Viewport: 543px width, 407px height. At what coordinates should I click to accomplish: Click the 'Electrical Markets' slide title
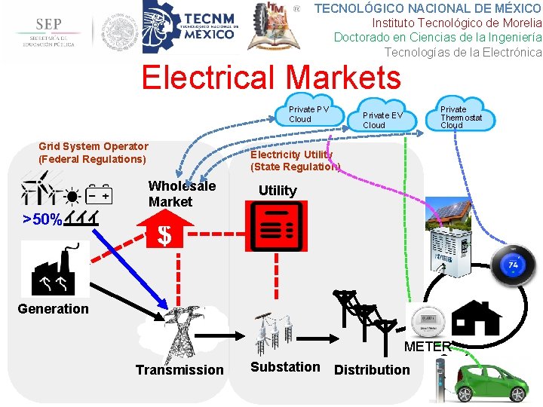pos(271,78)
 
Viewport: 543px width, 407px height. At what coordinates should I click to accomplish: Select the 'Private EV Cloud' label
pos(382,120)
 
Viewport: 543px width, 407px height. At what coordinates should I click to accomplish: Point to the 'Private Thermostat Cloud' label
pos(461,118)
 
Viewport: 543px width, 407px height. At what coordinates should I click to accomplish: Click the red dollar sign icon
pos(164,236)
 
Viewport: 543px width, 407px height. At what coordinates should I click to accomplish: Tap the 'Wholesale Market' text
pos(182,194)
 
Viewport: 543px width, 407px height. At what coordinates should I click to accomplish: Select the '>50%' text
pos(42,219)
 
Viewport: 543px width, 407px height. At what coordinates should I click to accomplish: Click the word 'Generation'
pos(53,308)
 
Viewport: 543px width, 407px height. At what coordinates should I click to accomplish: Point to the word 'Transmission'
pos(179,369)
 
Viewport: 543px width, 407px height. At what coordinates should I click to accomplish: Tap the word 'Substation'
pos(285,367)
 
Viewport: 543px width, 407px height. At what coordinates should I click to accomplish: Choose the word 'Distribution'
pos(372,369)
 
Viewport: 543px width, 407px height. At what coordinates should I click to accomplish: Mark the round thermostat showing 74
pos(513,265)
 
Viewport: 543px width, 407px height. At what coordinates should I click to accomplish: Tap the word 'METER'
pos(428,347)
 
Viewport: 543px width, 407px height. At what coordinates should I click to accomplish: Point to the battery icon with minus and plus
pos(99,195)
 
